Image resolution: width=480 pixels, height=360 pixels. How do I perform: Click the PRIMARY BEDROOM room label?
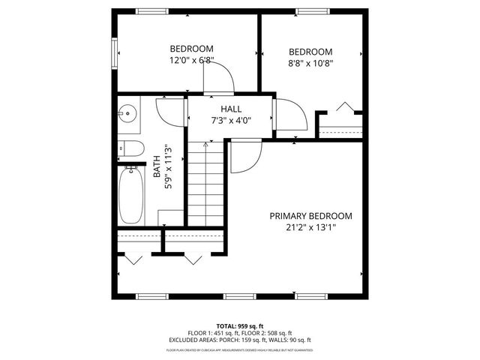pos(310,216)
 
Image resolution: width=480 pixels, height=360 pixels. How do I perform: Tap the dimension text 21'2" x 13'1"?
pos(310,227)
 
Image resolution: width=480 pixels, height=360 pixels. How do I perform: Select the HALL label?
pos(230,109)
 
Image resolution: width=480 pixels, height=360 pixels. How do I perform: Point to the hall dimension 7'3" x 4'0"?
pos(230,120)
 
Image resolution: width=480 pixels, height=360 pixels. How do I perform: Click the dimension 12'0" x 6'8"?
pos(191,60)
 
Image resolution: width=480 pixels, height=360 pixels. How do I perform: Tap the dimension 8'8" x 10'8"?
pos(310,63)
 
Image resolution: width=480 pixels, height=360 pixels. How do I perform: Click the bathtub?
pos(130,195)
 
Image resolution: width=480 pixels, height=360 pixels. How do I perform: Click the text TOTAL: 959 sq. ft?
pos(240,325)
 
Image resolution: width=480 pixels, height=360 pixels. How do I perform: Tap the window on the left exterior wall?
pos(115,52)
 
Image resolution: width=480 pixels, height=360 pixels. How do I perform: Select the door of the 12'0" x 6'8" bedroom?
pos(217,77)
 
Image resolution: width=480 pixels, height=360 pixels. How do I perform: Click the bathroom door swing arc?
pos(169,112)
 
